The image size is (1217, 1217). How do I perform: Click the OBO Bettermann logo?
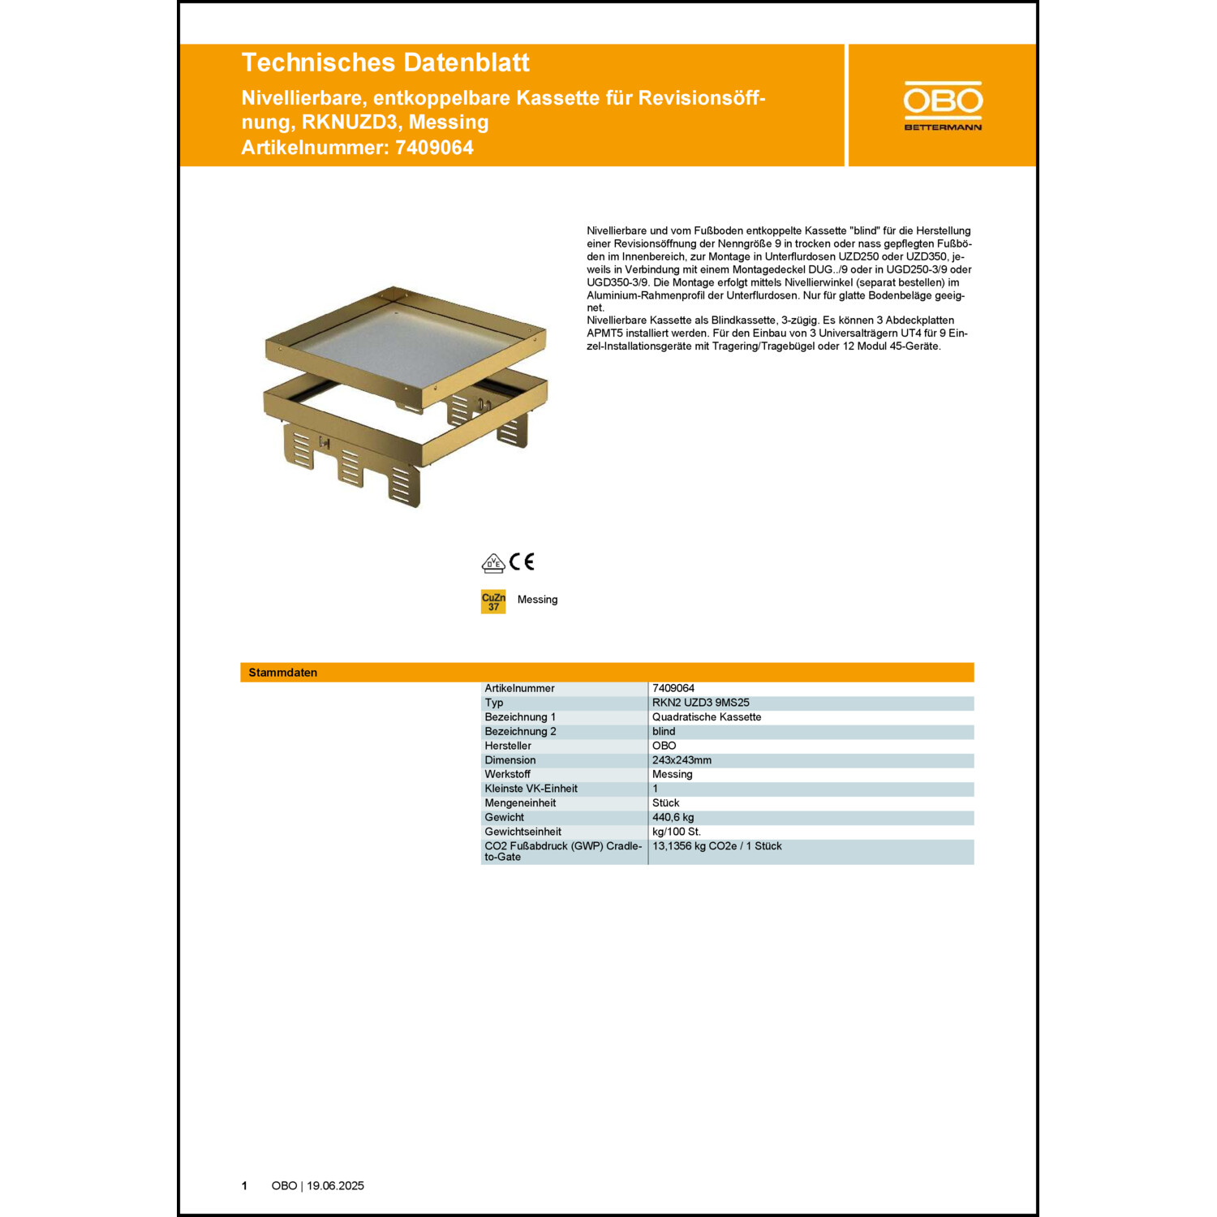tap(943, 105)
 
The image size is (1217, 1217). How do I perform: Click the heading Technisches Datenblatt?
tap(385, 62)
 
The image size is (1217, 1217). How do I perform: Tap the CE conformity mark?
tap(522, 561)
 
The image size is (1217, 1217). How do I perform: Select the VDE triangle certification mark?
tap(493, 563)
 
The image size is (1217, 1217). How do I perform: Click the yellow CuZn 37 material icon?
tap(493, 601)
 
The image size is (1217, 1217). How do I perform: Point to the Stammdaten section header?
tap(283, 673)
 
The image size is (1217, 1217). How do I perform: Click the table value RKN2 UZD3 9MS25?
tap(700, 703)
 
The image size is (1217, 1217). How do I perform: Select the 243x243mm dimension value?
tap(682, 760)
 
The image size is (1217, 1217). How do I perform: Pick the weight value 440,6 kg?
tap(673, 817)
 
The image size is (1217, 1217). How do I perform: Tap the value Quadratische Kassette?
tap(706, 717)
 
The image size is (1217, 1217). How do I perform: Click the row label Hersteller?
tap(508, 746)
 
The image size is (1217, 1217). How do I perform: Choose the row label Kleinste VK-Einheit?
tap(531, 789)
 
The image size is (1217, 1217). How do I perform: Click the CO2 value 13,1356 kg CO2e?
tap(716, 846)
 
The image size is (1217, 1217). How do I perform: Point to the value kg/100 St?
tap(676, 832)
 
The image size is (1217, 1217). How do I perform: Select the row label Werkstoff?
tap(507, 774)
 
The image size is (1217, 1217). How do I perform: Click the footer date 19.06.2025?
tap(335, 1185)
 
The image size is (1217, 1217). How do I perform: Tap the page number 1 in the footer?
tap(244, 1185)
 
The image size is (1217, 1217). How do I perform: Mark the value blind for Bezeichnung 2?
tap(664, 731)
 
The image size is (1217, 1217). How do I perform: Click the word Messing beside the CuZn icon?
tap(537, 600)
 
